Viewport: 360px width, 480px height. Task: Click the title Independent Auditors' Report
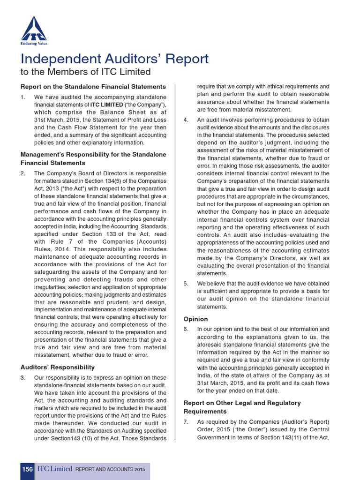click(114, 59)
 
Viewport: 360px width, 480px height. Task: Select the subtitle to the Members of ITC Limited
click(85, 72)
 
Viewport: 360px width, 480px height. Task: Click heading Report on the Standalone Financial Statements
click(93, 87)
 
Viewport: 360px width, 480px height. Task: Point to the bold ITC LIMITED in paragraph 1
click(107, 105)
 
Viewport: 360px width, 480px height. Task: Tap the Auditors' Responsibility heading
click(57, 367)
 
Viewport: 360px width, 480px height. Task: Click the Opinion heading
click(195, 319)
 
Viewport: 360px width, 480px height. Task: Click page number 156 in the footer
click(27, 469)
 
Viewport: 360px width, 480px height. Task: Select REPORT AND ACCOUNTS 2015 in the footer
click(110, 469)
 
